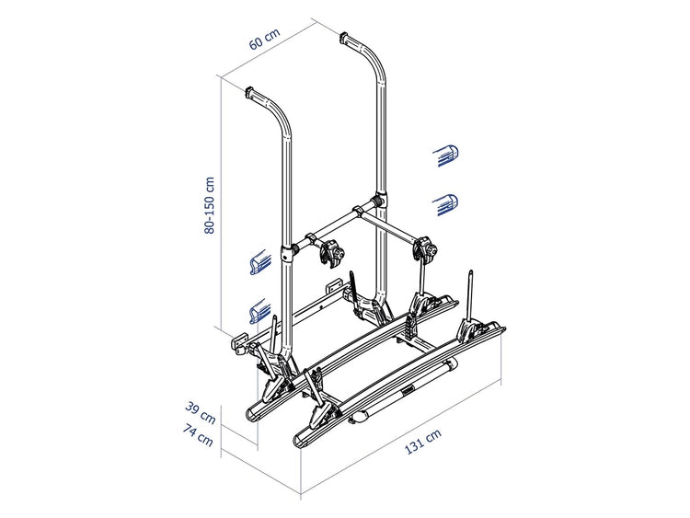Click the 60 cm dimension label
coord(264,39)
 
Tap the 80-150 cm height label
coord(210,205)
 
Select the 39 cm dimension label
coord(201,413)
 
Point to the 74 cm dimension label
coord(199,435)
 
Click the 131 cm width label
coord(422,442)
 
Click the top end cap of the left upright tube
coord(250,93)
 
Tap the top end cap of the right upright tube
coord(344,37)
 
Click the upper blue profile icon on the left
coord(259,262)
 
